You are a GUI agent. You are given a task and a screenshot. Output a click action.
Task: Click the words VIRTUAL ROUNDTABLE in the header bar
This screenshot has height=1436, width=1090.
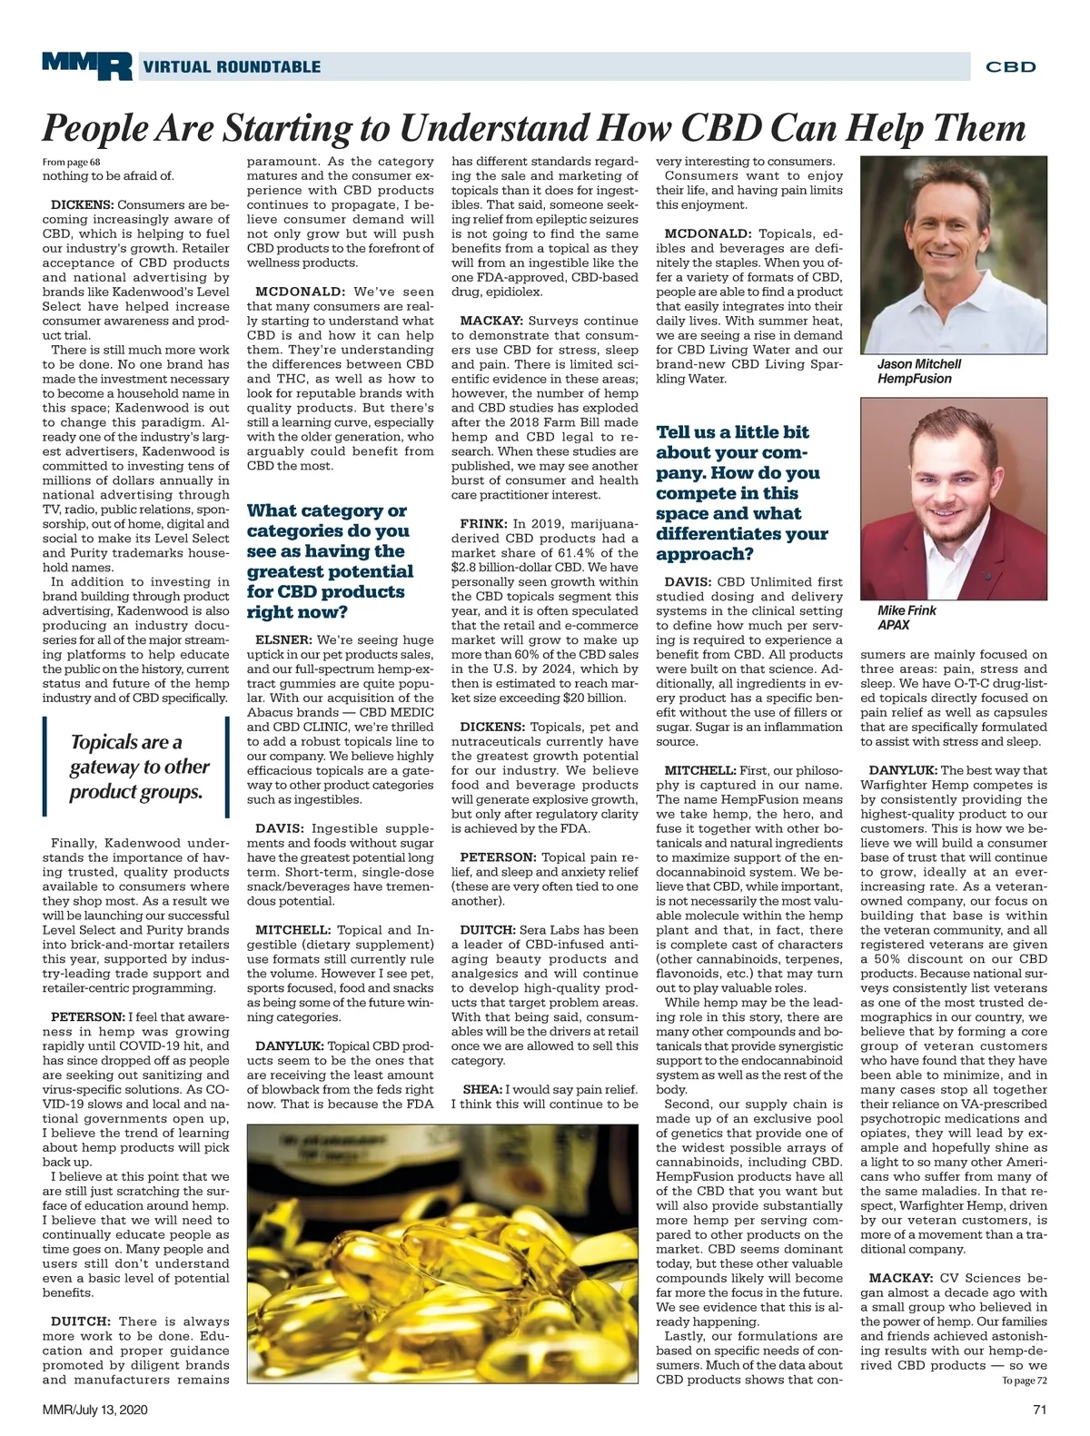tap(232, 66)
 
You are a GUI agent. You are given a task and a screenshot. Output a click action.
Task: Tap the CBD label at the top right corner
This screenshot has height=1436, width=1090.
tap(1010, 66)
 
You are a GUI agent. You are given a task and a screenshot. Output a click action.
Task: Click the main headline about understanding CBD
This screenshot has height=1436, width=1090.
tap(534, 128)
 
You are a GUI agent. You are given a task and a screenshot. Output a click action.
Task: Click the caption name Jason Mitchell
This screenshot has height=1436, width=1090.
tap(918, 364)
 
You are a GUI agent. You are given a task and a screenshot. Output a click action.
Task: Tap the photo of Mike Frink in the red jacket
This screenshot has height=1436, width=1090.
tap(953, 498)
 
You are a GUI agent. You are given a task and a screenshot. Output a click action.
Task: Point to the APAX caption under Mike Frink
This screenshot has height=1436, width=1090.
tap(894, 625)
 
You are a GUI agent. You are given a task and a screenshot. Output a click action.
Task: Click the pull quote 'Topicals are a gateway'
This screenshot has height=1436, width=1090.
tap(140, 767)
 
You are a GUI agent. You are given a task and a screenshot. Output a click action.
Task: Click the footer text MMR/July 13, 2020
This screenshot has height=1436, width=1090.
tap(95, 1410)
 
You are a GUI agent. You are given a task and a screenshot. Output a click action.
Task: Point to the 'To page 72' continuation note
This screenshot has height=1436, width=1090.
tap(1025, 1380)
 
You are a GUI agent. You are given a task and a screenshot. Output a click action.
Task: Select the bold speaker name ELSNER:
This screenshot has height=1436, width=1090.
tap(283, 640)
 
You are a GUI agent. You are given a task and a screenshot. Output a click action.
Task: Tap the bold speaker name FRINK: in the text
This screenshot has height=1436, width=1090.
tap(483, 524)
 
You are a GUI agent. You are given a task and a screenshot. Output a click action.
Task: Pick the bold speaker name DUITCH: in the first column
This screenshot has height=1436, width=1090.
tap(81, 1322)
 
